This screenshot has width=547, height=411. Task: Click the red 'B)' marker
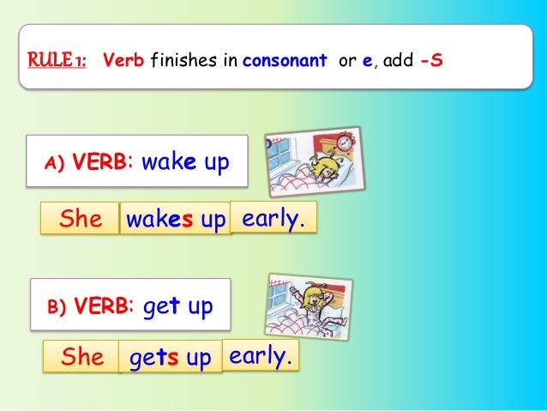coord(57,307)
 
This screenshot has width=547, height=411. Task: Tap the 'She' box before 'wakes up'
coord(81,219)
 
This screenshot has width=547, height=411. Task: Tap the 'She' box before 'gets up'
coord(82,356)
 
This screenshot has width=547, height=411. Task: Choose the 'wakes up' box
coord(175,220)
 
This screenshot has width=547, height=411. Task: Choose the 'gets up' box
coord(170,358)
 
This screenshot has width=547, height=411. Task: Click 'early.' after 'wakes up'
coord(273,218)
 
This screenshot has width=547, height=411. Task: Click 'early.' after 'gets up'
coord(261,354)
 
